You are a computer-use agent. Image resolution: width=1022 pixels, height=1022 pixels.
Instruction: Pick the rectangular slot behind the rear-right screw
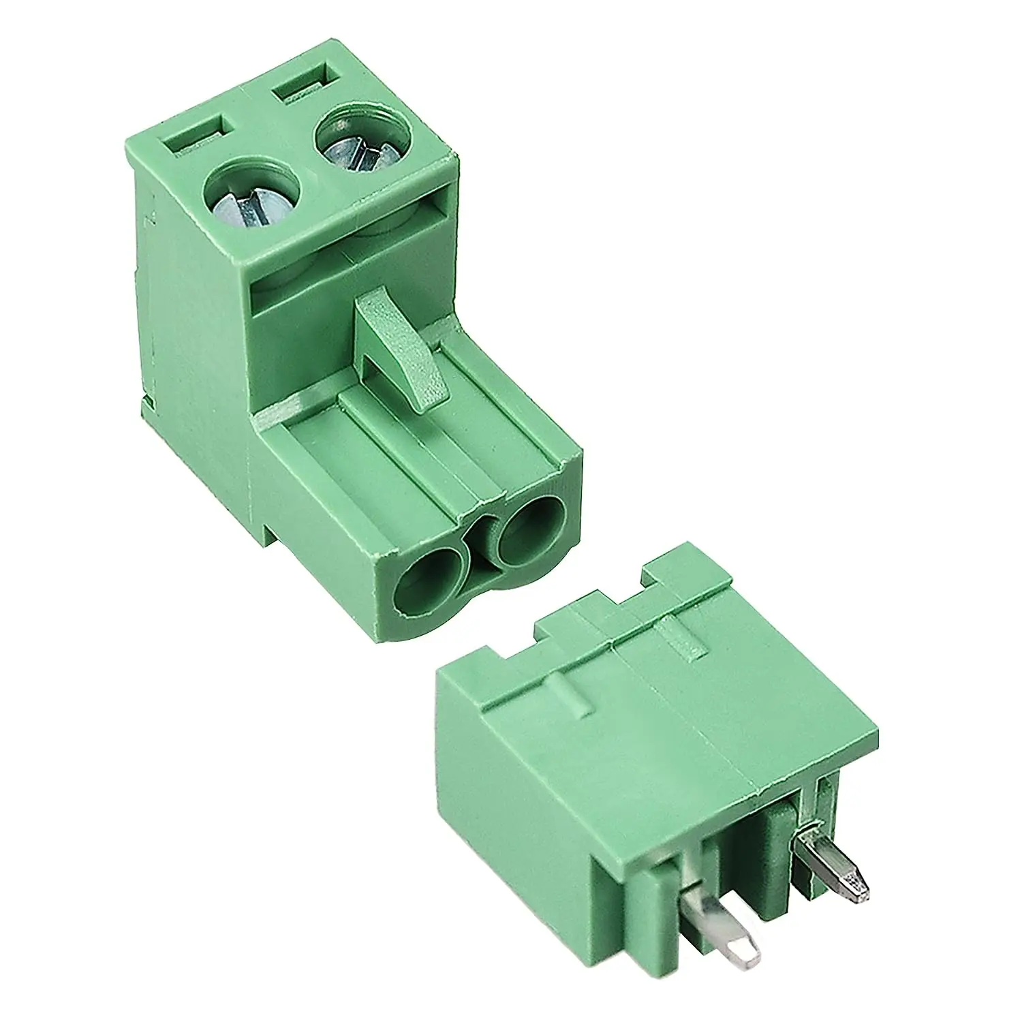click(307, 84)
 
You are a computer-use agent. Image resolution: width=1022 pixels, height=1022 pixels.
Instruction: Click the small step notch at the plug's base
click(273, 531)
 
